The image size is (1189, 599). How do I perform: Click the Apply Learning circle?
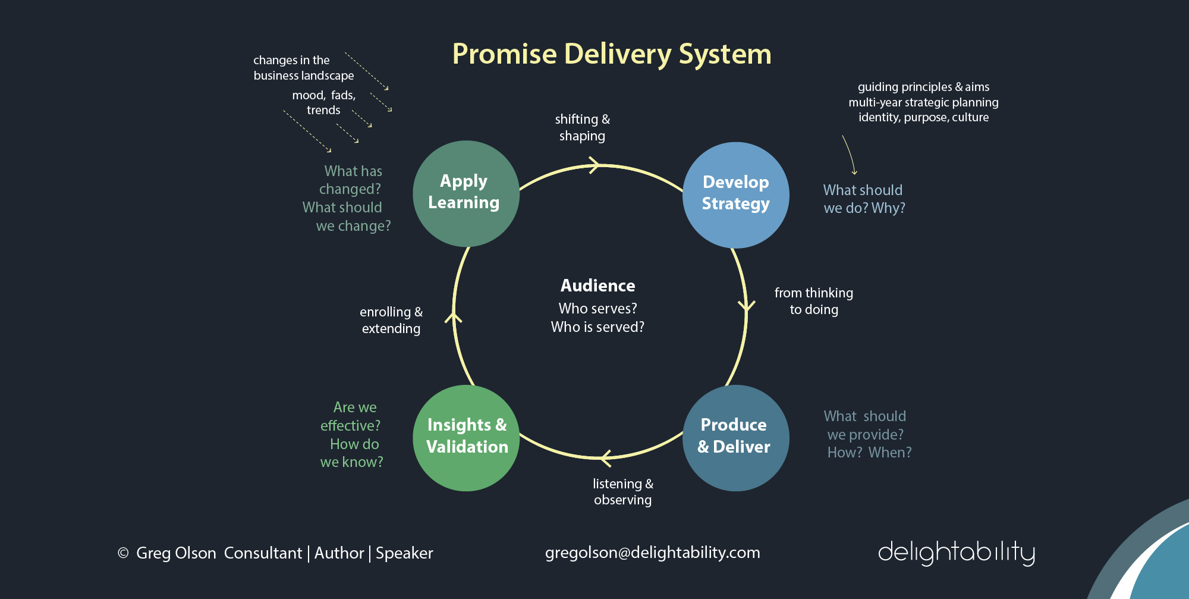pyautogui.click(x=465, y=193)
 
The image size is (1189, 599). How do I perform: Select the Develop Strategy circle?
pyautogui.click(x=735, y=195)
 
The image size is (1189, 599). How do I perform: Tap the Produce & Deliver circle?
pyautogui.click(x=735, y=437)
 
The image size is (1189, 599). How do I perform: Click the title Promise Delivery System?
pyautogui.click(x=611, y=54)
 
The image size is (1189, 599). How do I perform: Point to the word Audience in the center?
pyautogui.click(x=597, y=286)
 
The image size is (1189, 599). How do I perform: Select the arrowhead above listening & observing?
pyautogui.click(x=605, y=458)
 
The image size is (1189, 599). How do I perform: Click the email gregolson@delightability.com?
pyautogui.click(x=652, y=553)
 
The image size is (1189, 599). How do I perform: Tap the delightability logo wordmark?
pyautogui.click(x=956, y=553)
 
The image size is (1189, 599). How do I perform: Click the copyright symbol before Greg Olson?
pyautogui.click(x=123, y=553)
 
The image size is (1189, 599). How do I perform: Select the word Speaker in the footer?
pyautogui.click(x=404, y=553)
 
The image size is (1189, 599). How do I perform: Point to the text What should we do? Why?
pyautogui.click(x=864, y=199)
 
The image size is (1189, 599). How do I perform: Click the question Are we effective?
pyautogui.click(x=351, y=416)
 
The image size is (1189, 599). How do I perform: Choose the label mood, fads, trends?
pyautogui.click(x=323, y=102)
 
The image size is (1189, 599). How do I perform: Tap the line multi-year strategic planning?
pyautogui.click(x=923, y=102)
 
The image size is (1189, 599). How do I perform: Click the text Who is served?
pyautogui.click(x=597, y=327)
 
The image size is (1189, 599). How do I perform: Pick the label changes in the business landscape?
pyautogui.click(x=303, y=68)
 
